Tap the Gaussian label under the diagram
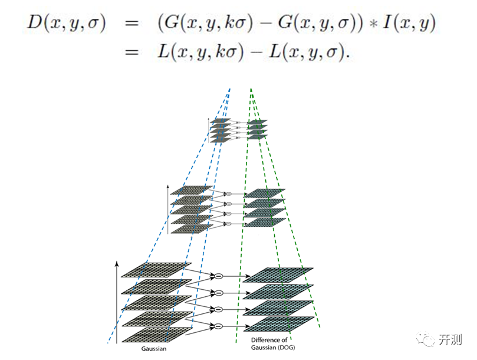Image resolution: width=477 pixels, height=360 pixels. (154, 349)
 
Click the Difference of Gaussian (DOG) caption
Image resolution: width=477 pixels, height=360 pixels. (270, 344)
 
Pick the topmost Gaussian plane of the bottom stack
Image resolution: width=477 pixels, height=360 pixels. (156, 270)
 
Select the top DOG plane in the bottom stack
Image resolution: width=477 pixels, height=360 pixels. (279, 274)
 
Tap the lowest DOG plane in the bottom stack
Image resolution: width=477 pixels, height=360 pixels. (279, 323)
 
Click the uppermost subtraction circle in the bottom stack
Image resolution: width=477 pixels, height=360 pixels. (218, 276)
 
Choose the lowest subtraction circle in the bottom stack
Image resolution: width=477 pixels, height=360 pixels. (218, 325)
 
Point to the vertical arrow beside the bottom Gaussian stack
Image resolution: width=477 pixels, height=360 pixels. (117, 301)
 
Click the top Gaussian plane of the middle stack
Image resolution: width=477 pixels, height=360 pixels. (191, 190)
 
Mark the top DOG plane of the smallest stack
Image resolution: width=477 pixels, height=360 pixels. (257, 121)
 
